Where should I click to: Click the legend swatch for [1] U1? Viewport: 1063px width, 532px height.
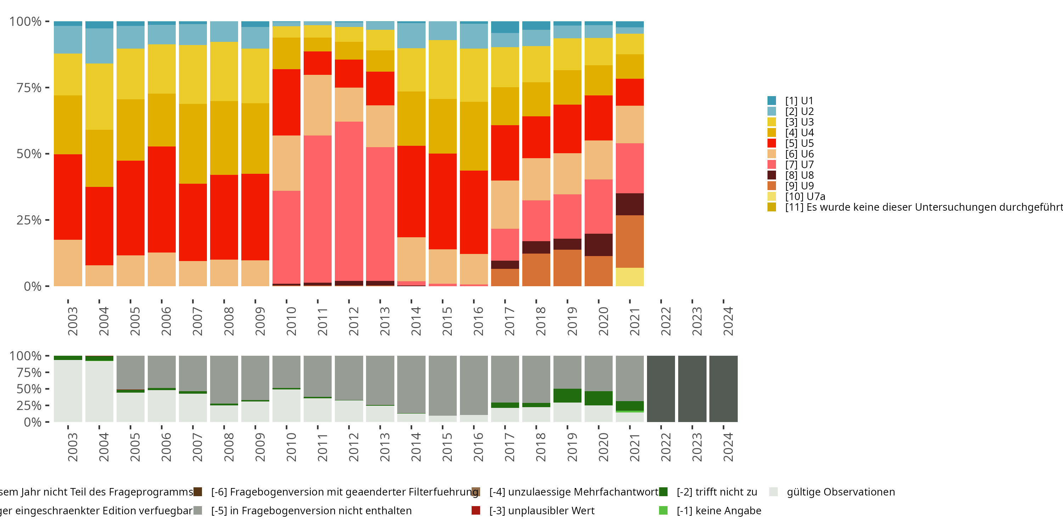tap(771, 101)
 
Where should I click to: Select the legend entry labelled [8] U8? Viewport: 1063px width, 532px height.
tap(799, 175)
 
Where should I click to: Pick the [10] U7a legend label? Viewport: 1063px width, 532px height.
tap(805, 196)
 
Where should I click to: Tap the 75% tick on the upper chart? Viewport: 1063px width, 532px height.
tap(29, 88)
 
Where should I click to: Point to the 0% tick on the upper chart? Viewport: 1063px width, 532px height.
tap(33, 286)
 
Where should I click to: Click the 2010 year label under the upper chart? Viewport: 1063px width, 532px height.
tap(291, 321)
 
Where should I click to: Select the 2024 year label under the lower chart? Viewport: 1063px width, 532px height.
tap(728, 447)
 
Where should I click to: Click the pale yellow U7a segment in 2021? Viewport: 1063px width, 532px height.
tap(629, 277)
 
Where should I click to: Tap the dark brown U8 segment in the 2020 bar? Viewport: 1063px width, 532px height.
tap(598, 244)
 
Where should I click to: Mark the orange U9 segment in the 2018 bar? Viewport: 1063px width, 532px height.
tap(536, 270)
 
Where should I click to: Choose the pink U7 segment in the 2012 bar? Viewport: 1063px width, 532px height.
tap(349, 201)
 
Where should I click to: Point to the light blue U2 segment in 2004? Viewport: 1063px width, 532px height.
tap(100, 46)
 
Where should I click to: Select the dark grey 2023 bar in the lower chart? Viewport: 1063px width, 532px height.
tap(692, 389)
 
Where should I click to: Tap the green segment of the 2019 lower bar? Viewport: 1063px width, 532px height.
tap(567, 395)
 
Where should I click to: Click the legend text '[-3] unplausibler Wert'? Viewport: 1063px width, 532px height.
tap(541, 510)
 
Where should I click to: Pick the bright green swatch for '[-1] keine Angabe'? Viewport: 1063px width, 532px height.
tap(663, 510)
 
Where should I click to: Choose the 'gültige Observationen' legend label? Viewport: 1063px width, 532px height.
tap(840, 492)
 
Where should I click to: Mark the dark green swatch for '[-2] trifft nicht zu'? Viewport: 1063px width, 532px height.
tap(663, 492)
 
